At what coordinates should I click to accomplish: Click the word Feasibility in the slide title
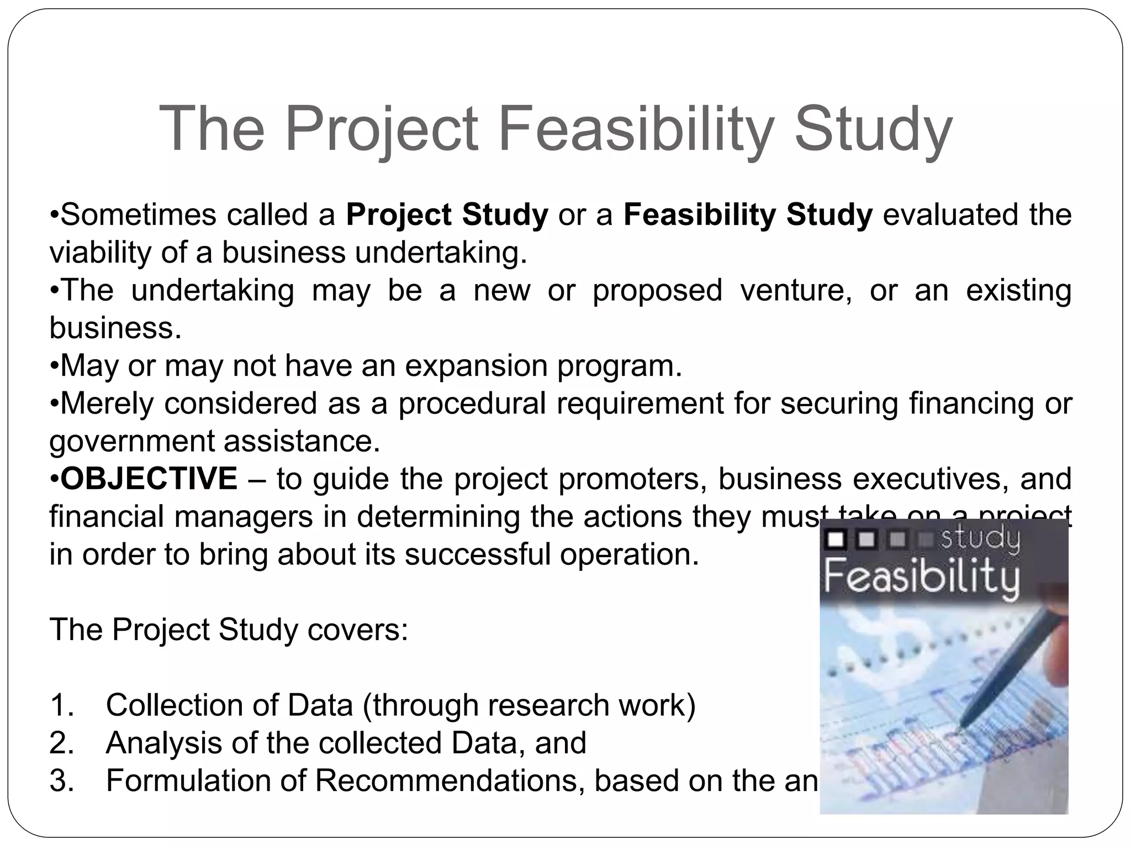(635, 129)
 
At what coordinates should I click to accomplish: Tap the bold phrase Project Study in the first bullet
(447, 215)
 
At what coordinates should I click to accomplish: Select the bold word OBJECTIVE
(149, 479)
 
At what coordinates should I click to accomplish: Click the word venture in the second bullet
(795, 291)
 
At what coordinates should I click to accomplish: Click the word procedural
(472, 403)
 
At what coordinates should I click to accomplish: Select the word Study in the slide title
(873, 129)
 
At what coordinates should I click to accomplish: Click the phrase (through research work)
(528, 705)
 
